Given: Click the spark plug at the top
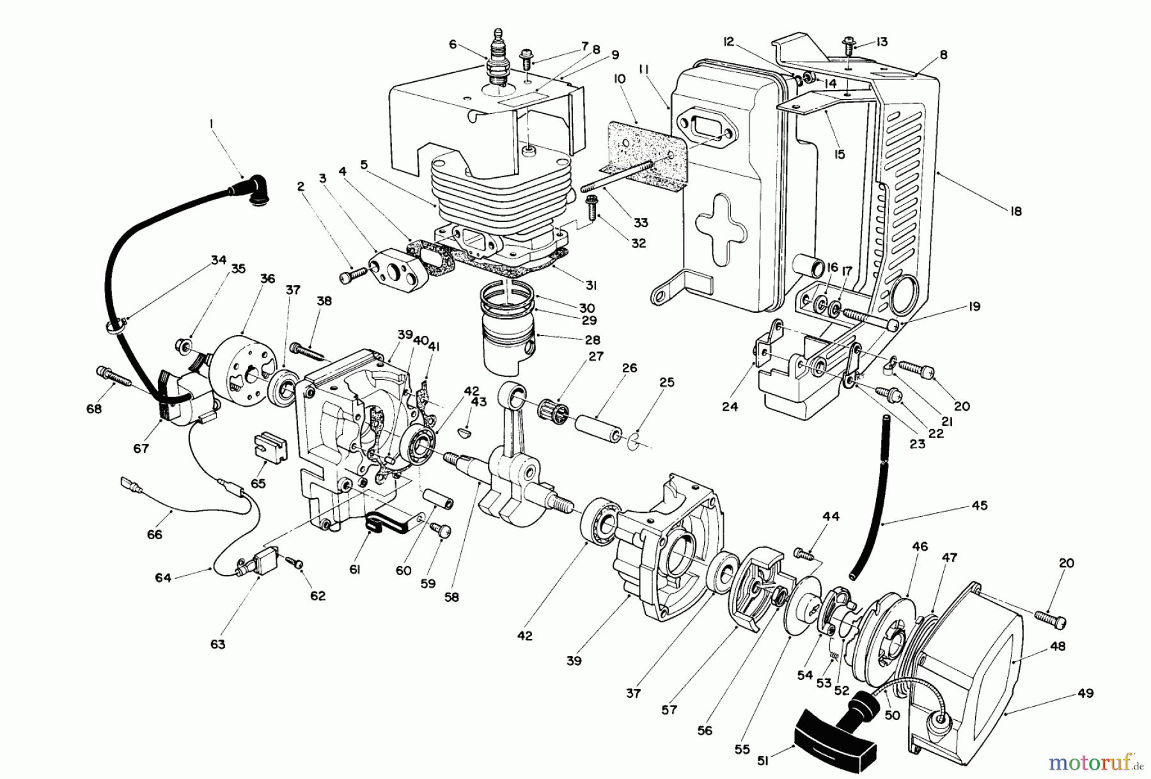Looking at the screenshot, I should [x=497, y=63].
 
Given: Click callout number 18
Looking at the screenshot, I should [x=1016, y=211].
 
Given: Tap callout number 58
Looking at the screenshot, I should [x=453, y=597].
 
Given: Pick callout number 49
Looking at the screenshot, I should [x=1084, y=693].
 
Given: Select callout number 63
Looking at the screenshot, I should [x=218, y=643].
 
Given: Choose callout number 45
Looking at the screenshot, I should [x=979, y=505].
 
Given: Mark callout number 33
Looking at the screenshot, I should [x=640, y=223].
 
